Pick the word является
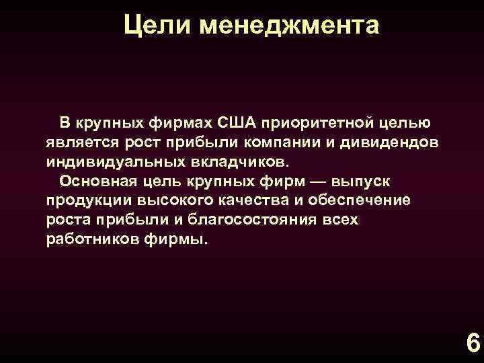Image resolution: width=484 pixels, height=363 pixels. pos(80,143)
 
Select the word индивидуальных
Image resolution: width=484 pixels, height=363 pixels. pos(107,162)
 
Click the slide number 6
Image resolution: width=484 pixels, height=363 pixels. pos(472,344)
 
